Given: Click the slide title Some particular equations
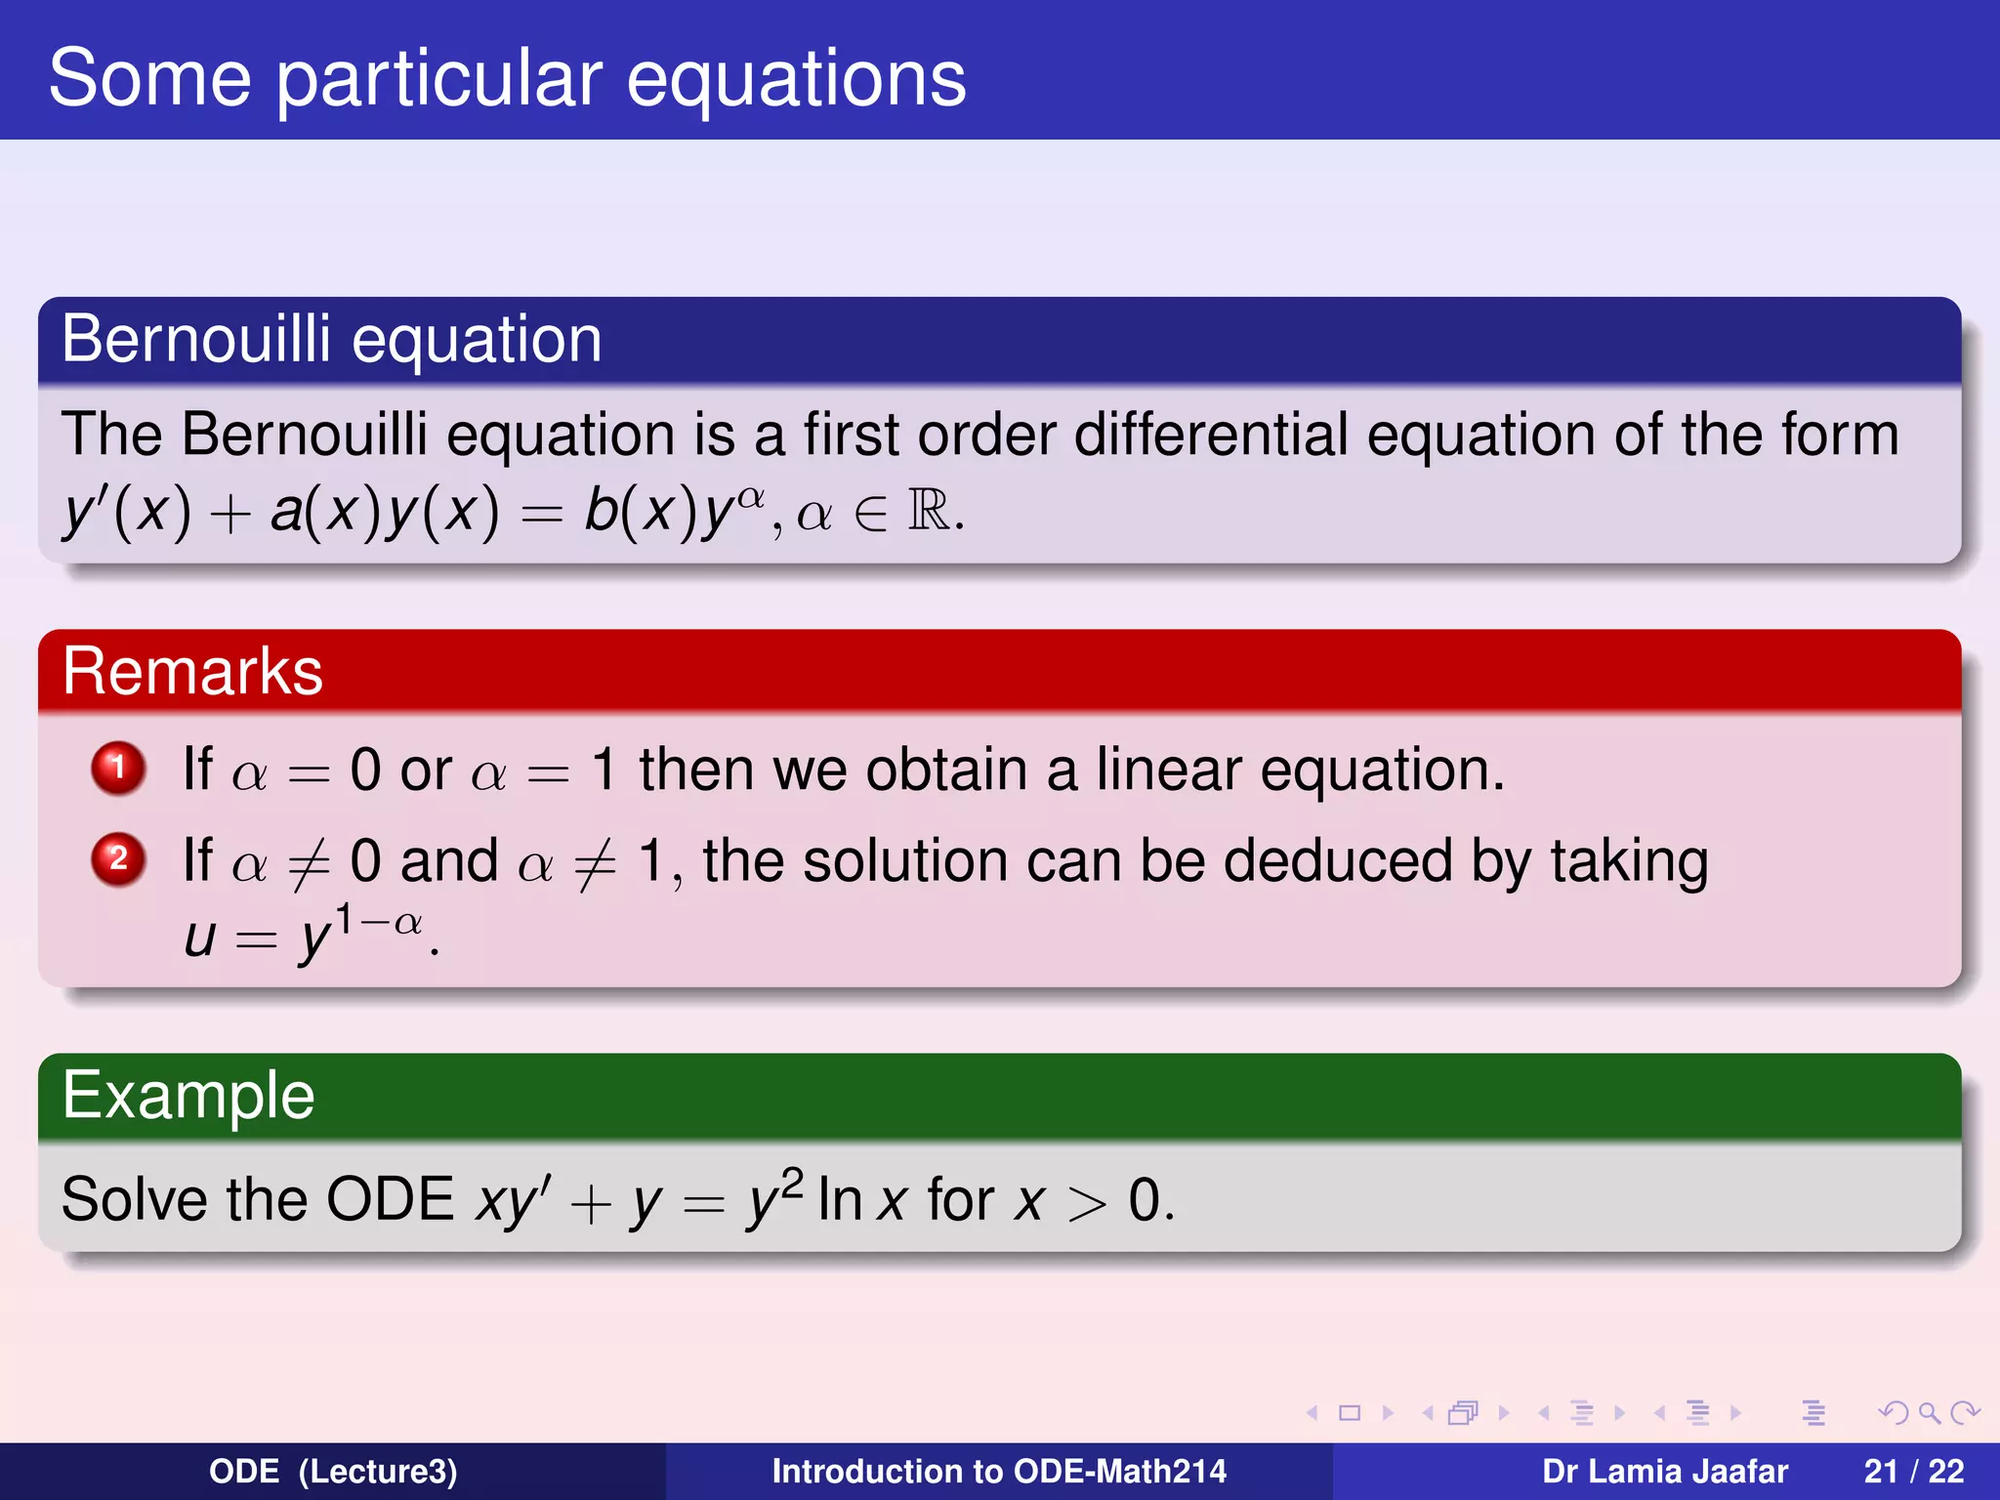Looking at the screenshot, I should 507,78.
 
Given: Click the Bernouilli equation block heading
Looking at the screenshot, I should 331,340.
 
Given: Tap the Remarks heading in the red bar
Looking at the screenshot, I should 192,672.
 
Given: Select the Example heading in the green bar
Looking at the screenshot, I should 188,1096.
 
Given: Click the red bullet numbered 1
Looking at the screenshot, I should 118,768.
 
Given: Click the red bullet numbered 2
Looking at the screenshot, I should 118,859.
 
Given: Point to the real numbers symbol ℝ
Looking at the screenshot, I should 929,510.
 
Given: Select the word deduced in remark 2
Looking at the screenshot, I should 1338,861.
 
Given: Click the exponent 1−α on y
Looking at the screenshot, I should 379,921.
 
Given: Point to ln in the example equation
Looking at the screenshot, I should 839,1200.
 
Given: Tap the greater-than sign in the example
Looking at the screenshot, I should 1086,1203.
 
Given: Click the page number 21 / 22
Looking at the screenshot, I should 1913,1471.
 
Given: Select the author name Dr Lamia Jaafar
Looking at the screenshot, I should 1664,1471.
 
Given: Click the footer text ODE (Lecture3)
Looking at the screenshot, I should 333,1471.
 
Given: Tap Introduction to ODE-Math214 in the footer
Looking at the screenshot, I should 998,1471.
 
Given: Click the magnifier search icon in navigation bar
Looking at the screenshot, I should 1929,1412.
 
